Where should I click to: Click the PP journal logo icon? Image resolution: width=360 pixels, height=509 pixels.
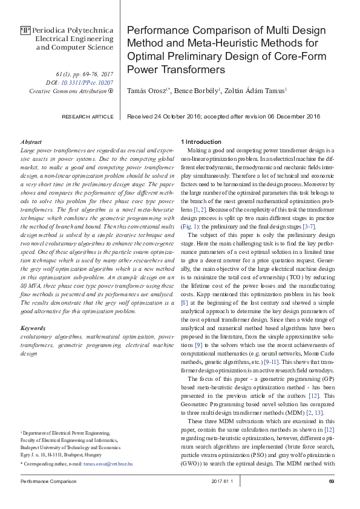point(25,30)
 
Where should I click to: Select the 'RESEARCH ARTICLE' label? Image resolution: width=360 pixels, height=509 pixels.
point(88,117)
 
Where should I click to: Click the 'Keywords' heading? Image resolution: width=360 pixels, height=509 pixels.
point(33,328)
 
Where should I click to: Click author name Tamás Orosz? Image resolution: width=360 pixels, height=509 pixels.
point(148,90)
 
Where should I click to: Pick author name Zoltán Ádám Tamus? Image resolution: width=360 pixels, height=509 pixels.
point(257,90)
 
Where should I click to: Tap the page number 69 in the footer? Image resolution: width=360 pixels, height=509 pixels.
point(331,481)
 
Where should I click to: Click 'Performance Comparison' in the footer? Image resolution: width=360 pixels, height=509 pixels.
point(49,481)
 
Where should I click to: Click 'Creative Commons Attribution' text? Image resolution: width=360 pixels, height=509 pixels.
point(67,91)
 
